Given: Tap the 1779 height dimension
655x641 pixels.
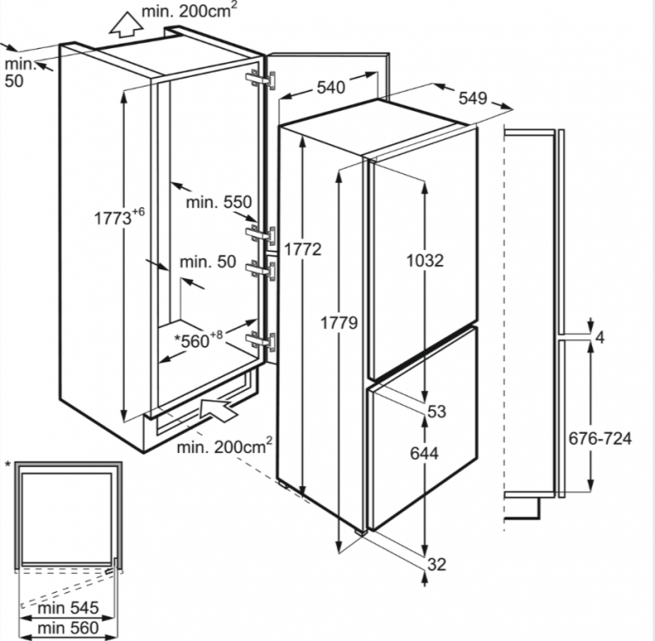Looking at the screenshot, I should (337, 323).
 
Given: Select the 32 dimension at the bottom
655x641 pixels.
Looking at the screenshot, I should (436, 565).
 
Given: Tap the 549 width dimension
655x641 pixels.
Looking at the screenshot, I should (472, 99).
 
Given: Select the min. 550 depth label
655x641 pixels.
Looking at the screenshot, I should (218, 202).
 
